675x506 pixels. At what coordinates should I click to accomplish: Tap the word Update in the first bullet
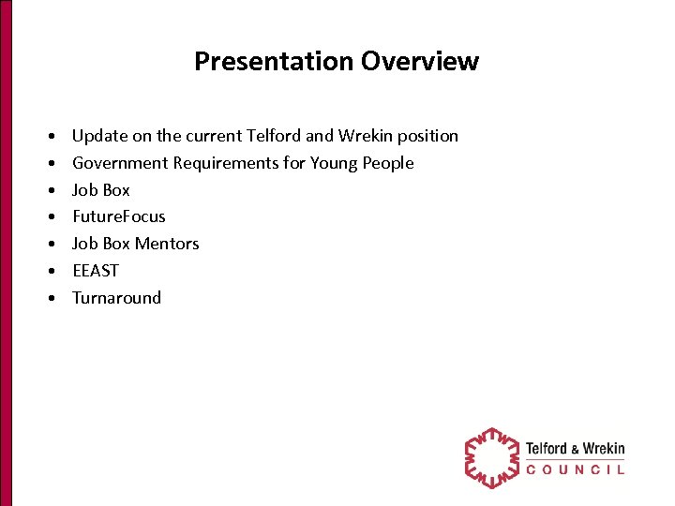click(98, 137)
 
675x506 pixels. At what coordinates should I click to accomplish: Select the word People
click(388, 164)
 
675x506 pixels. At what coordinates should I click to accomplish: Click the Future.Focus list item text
click(119, 216)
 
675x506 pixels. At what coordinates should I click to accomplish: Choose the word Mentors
click(167, 244)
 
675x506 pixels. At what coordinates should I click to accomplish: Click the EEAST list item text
click(96, 271)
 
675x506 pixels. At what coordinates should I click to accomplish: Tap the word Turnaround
click(117, 298)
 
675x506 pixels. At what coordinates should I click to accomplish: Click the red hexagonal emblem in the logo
click(491, 458)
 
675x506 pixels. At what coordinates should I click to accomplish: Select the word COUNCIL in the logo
click(575, 469)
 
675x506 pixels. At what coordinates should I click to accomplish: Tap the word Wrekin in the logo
click(604, 449)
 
